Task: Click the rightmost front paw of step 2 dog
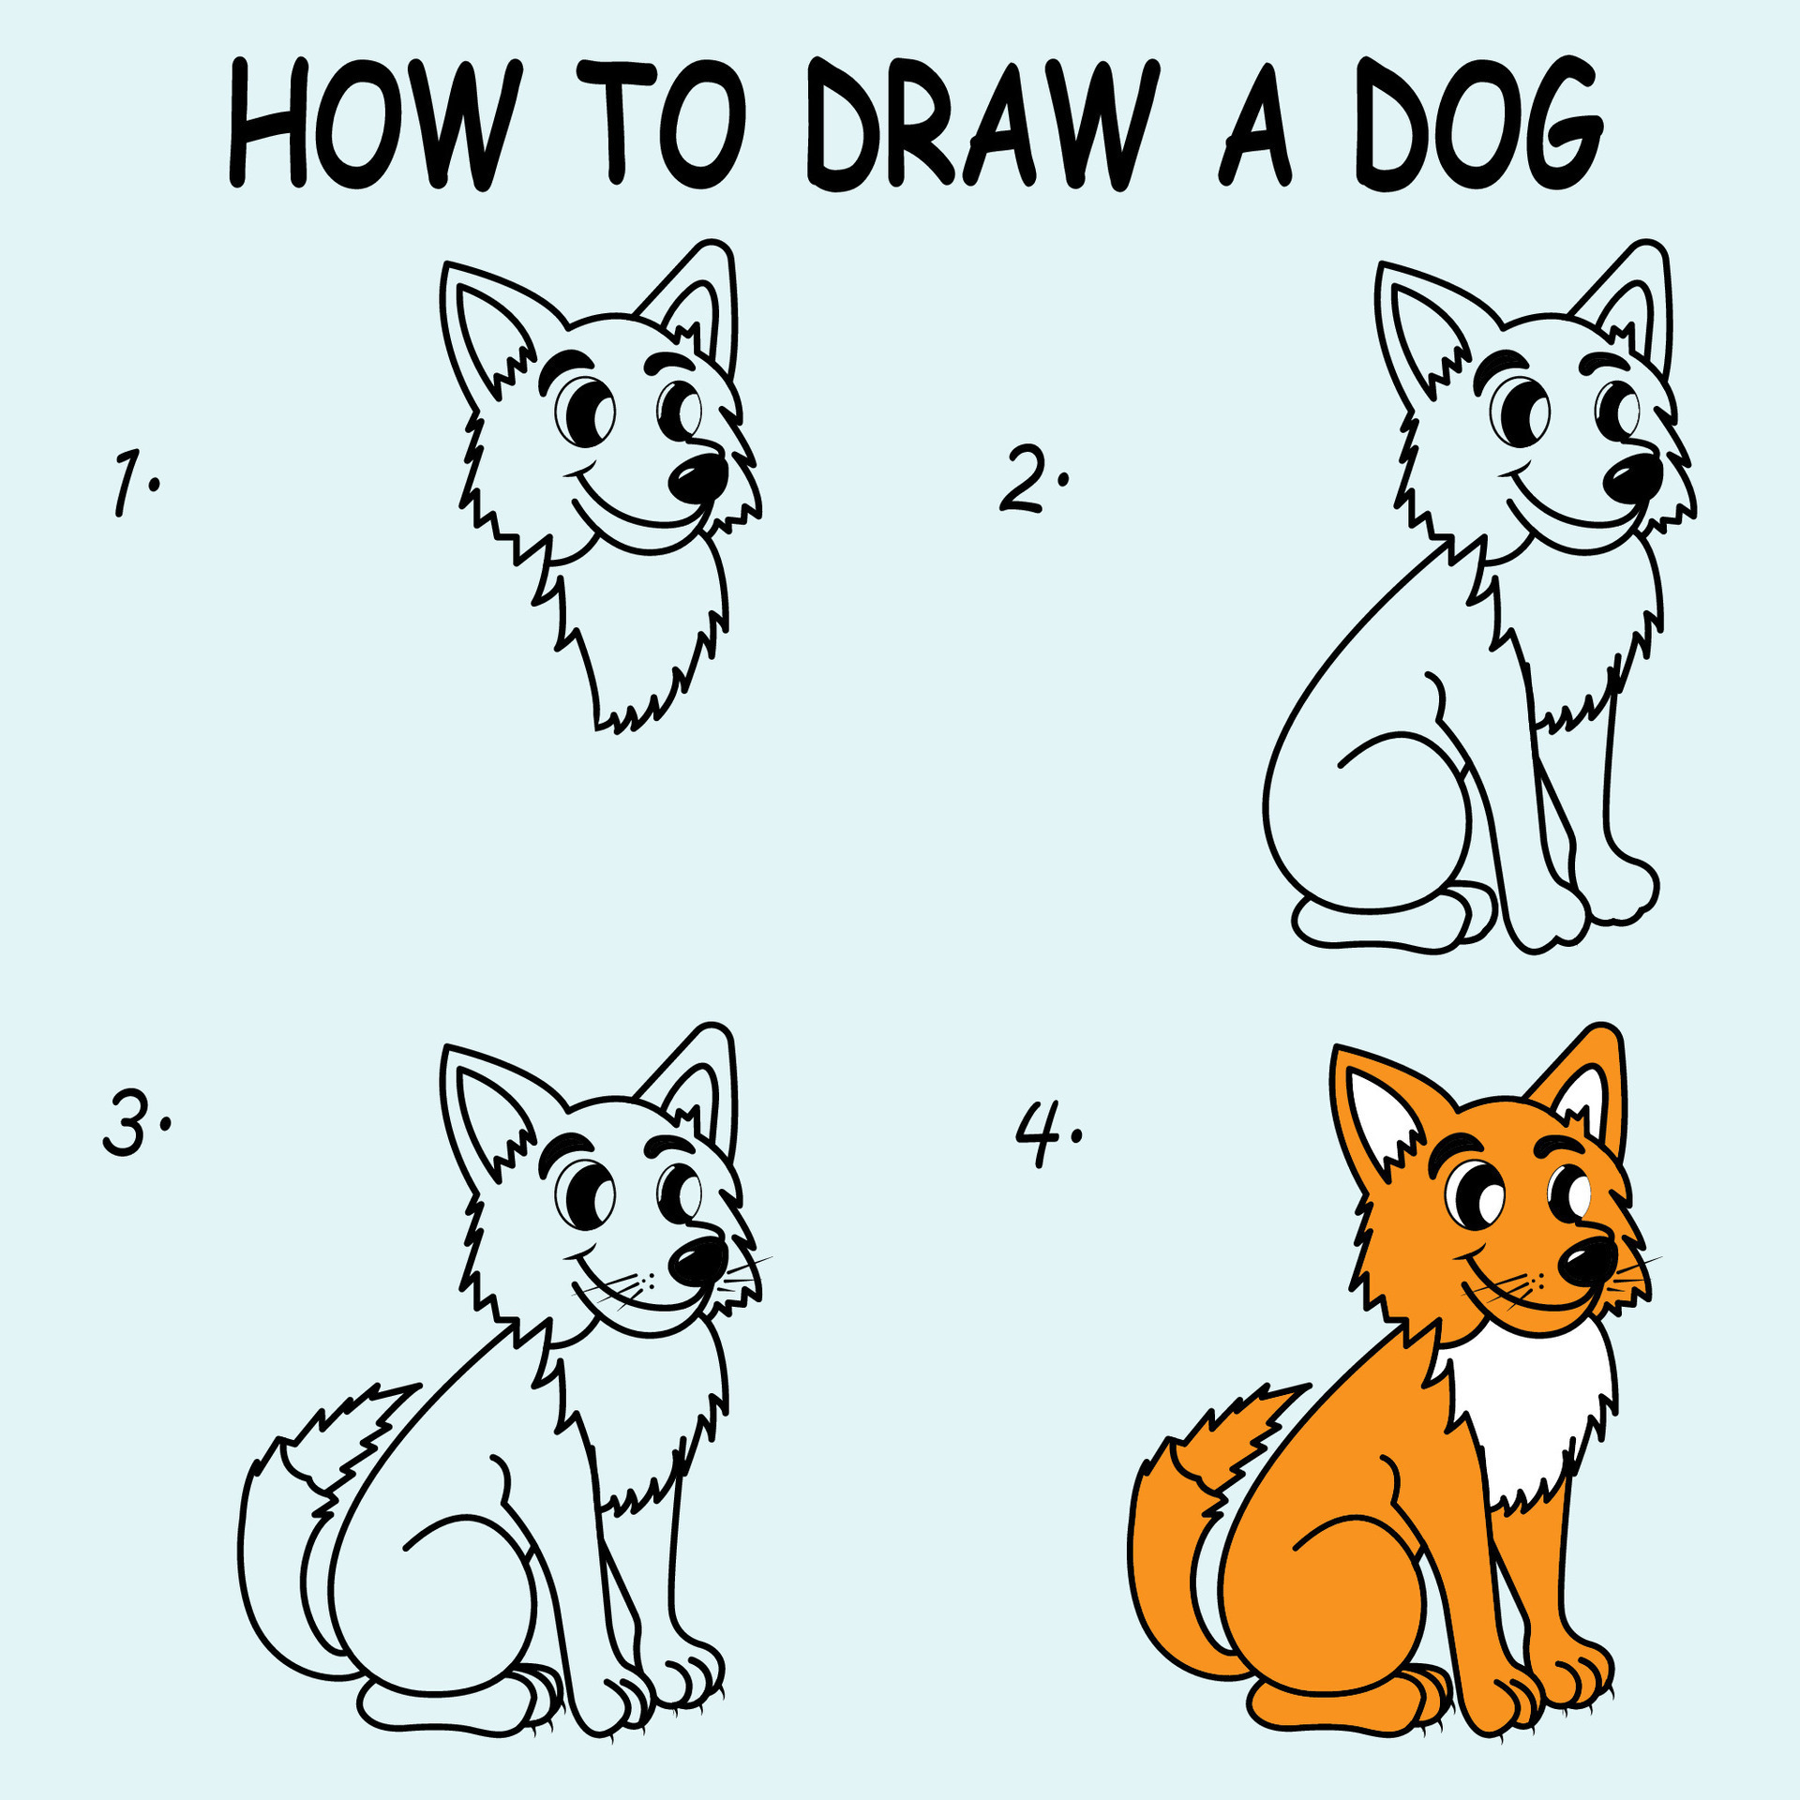coord(1622,891)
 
